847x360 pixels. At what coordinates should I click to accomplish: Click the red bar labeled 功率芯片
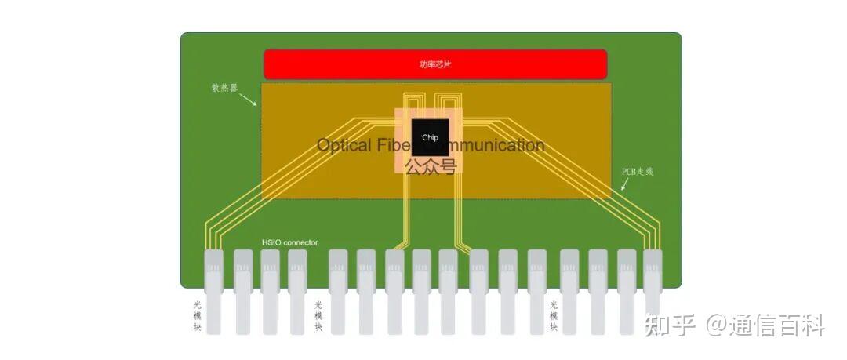pos(435,64)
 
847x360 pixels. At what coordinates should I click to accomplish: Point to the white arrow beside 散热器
pos(248,100)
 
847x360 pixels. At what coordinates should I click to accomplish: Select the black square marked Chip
pos(430,137)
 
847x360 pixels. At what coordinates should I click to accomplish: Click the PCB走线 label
pos(638,171)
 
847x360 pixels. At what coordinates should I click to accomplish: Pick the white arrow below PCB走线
pos(624,185)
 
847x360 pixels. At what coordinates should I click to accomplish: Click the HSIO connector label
pos(289,242)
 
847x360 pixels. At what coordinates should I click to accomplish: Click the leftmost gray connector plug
pos(213,290)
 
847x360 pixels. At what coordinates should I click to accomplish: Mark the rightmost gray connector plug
pos(653,290)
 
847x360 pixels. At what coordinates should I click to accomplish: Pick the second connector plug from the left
pos(243,290)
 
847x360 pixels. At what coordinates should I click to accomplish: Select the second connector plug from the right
pos(626,290)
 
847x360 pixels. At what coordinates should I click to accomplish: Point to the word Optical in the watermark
pos(344,145)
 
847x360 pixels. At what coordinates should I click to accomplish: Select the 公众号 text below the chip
pos(430,166)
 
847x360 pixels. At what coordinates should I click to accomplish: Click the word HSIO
pos(271,242)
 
